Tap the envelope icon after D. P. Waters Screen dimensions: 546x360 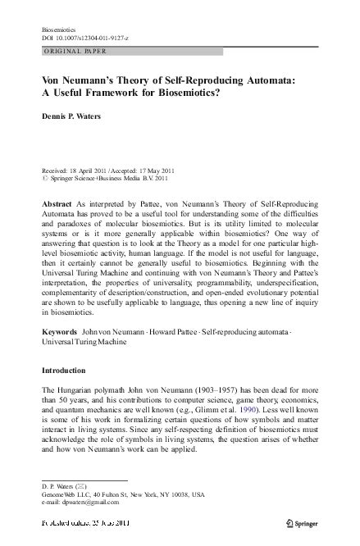click(x=82, y=487)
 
